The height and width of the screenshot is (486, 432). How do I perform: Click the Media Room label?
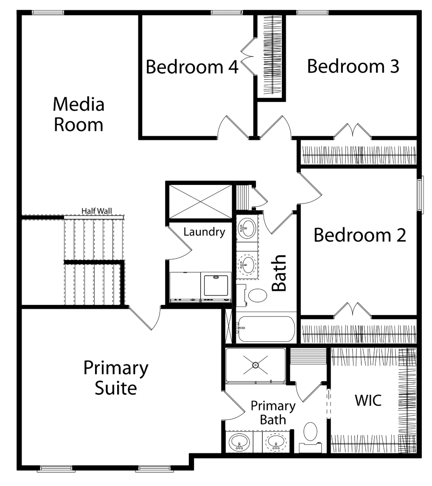coord(79,115)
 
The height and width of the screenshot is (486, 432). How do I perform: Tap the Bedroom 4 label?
coord(192,67)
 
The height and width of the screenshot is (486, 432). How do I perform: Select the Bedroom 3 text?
coord(353,66)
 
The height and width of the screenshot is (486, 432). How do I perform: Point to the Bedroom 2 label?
coord(360,235)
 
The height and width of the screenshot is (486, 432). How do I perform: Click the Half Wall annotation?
coord(96,211)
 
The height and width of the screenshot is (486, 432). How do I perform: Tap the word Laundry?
coord(204,232)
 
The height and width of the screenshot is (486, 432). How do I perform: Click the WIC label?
coord(368,400)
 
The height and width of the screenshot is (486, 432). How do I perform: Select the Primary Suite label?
coord(116,377)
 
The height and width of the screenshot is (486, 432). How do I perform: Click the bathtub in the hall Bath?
coord(266,329)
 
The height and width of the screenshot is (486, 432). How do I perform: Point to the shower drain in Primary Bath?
coord(255,365)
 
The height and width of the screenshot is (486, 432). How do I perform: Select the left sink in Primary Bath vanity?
coord(239,442)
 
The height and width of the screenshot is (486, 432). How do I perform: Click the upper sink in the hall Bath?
coord(247,228)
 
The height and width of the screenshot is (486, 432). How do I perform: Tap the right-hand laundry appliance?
coord(216,287)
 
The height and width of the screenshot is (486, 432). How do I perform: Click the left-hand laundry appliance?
coord(185,287)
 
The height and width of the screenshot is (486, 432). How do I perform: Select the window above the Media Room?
coord(48,13)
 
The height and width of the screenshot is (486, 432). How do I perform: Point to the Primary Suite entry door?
coord(145,318)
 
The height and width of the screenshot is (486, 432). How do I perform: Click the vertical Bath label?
coord(279,273)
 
